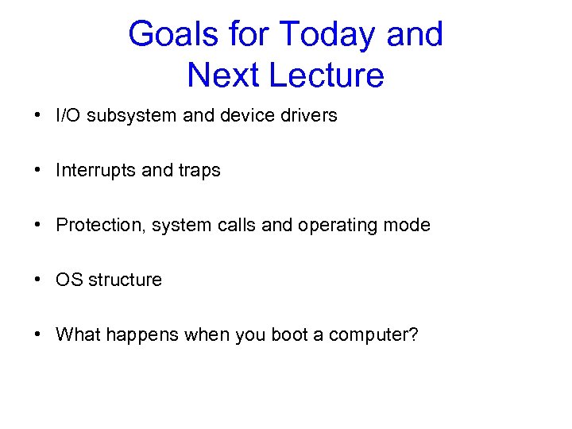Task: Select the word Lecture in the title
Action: [x=326, y=75]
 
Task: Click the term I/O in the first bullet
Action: [x=69, y=115]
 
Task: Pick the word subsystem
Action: [x=133, y=115]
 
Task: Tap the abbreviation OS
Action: [x=68, y=280]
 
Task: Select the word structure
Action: [x=125, y=280]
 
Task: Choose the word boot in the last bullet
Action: [x=290, y=334]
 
